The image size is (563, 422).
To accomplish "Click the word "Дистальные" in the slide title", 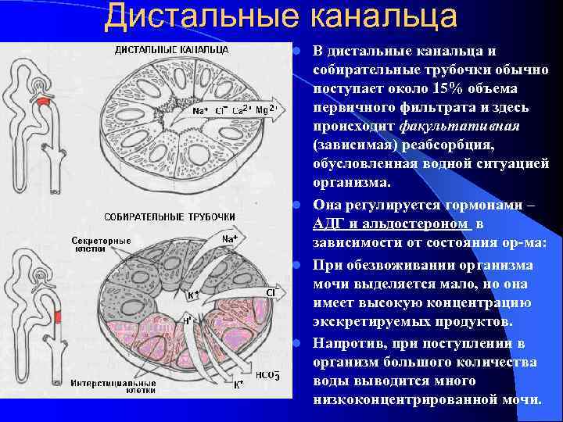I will [200, 17].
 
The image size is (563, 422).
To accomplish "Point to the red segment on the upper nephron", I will [44, 101].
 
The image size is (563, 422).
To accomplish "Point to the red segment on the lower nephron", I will [58, 316].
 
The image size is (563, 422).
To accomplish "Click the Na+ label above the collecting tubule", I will [229, 238].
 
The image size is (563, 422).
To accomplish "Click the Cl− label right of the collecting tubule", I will [273, 292].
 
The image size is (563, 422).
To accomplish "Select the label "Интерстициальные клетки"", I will [113, 387].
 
